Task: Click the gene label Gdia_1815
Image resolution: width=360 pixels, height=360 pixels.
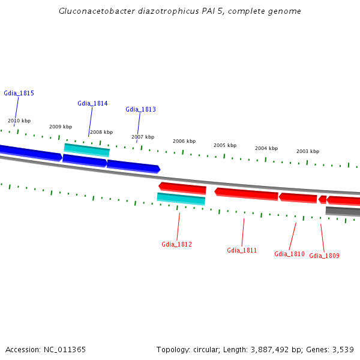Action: tap(19, 93)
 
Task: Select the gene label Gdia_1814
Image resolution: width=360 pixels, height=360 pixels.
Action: tap(92, 103)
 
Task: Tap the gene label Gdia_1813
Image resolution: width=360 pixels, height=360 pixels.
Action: tap(140, 109)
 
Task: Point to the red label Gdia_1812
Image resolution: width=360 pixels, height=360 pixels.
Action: tap(176, 244)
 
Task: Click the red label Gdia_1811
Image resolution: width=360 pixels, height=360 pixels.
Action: tap(242, 250)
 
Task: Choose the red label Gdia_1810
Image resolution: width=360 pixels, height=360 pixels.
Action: tap(289, 254)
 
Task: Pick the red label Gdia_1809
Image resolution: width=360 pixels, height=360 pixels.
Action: tap(324, 256)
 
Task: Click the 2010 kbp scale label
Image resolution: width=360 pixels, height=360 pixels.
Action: tap(19, 121)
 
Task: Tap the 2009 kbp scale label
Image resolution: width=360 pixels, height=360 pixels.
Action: tap(61, 127)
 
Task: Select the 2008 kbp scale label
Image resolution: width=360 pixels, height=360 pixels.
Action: tap(101, 132)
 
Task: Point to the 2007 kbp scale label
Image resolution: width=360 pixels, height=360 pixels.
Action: tap(143, 137)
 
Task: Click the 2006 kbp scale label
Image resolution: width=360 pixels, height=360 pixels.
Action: tap(184, 141)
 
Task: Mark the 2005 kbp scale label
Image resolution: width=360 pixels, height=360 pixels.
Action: tap(225, 145)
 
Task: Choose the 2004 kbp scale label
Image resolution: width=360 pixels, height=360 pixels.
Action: tap(266, 148)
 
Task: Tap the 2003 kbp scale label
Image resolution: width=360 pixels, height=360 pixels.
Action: tap(308, 151)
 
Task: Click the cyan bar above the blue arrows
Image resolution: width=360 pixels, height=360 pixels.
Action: tap(87, 149)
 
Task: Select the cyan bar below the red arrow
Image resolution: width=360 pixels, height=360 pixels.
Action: tap(181, 199)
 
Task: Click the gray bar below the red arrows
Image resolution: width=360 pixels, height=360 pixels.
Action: tap(343, 211)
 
